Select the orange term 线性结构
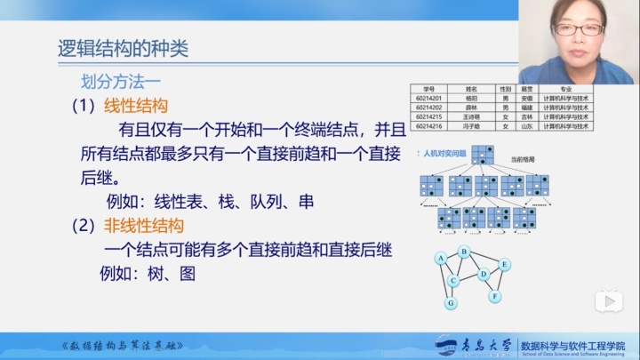click(x=136, y=106)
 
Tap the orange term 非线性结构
click(x=144, y=224)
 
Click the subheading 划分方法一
click(x=121, y=79)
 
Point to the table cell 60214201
click(x=428, y=98)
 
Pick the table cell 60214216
click(x=428, y=126)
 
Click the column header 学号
click(x=428, y=89)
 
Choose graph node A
click(x=439, y=259)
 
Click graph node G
click(x=452, y=303)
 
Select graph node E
click(x=504, y=264)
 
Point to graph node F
click(x=495, y=295)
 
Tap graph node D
click(x=484, y=275)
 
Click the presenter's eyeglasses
click(x=579, y=30)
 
